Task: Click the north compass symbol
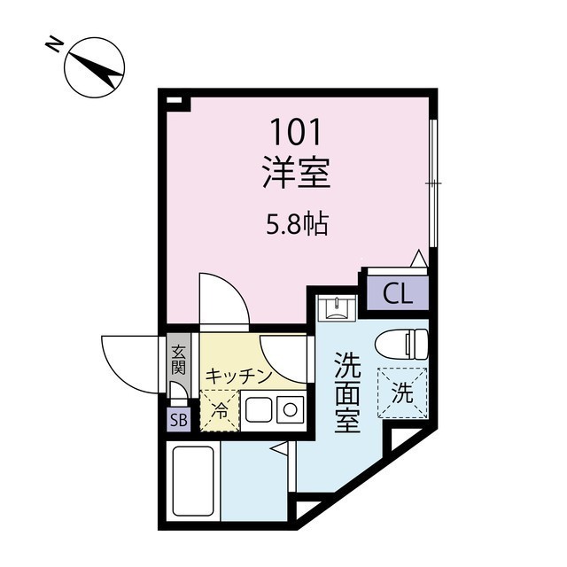tap(93, 67)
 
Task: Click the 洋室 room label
tap(297, 172)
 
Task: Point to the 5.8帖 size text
tap(298, 225)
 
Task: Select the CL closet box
tap(398, 294)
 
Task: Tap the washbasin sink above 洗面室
tap(338, 308)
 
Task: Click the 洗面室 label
tap(346, 392)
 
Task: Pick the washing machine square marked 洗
tap(403, 391)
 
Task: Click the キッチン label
tap(238, 376)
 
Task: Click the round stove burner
tap(290, 409)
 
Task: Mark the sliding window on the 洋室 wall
tap(432, 182)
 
